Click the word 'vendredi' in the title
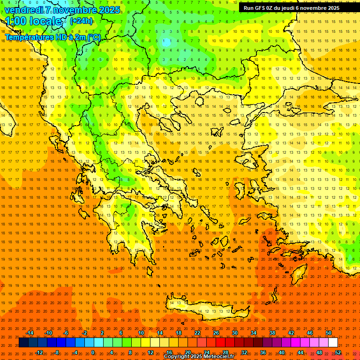tap(23, 10)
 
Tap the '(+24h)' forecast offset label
tap(81, 21)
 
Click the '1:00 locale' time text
tap(35, 21)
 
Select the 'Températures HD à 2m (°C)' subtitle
tap(52, 37)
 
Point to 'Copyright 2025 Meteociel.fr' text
tap(199, 357)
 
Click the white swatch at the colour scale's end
tap(333, 343)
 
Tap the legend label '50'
tap(329, 333)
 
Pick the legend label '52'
tap(338, 352)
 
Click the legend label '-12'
tap(39, 352)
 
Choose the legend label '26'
tap(216, 333)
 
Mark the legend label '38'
tap(272, 333)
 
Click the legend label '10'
tap(141, 333)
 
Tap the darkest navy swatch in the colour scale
tap(24, 343)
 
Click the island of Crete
tap(206, 311)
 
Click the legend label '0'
tap(93, 352)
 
